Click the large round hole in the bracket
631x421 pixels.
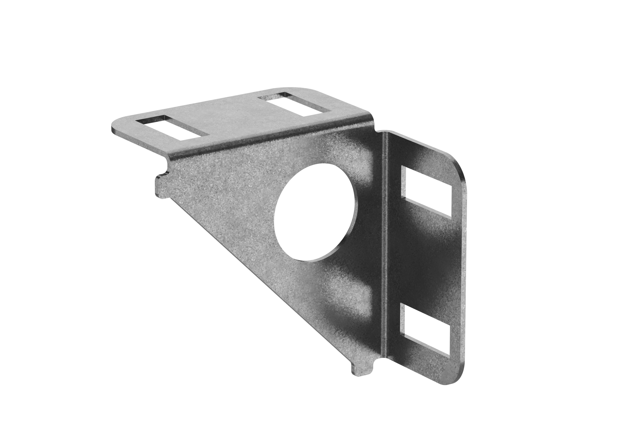(316, 212)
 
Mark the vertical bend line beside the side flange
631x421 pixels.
(385, 242)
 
